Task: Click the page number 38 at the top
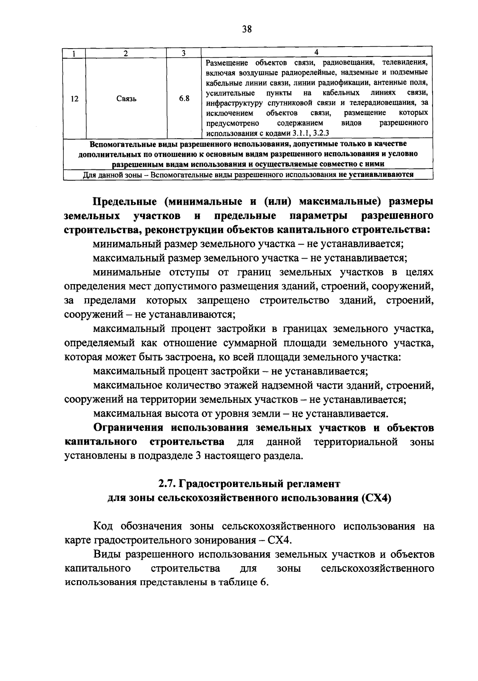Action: click(247, 29)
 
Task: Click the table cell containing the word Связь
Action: click(126, 99)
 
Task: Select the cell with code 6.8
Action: click(184, 98)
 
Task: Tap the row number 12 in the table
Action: click(74, 99)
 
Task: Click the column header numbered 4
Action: click(317, 52)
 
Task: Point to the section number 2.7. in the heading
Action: click(167, 484)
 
